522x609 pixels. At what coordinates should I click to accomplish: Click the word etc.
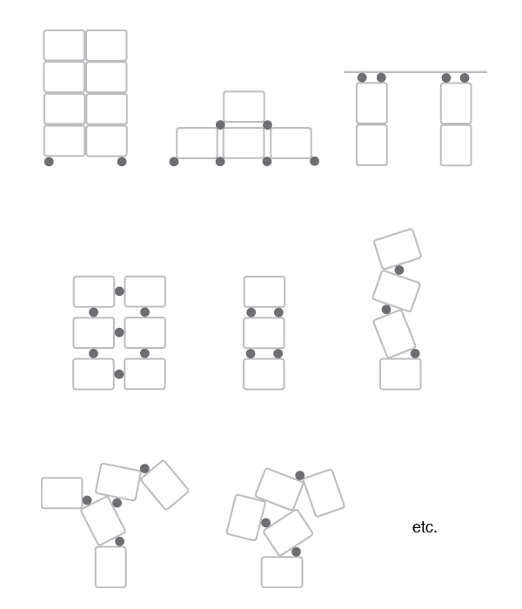(x=425, y=527)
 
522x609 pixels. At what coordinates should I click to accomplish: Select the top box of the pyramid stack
(x=244, y=107)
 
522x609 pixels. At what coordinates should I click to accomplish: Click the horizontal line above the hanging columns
(x=415, y=72)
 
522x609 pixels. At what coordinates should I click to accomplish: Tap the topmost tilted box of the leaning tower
(x=398, y=249)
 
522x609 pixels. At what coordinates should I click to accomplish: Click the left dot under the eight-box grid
(x=49, y=162)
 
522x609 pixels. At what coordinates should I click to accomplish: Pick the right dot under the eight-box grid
(x=122, y=162)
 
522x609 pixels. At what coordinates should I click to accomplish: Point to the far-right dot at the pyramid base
(x=315, y=161)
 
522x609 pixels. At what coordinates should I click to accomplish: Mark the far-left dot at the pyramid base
(x=174, y=162)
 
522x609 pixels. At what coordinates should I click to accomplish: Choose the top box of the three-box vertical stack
(x=264, y=291)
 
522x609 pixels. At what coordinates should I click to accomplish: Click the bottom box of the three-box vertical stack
(x=264, y=374)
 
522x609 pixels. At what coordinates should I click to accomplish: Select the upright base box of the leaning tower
(x=400, y=374)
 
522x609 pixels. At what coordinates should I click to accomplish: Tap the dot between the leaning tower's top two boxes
(x=398, y=270)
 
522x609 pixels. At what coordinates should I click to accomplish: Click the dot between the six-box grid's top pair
(x=120, y=291)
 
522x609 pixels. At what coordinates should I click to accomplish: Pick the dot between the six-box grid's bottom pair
(x=119, y=374)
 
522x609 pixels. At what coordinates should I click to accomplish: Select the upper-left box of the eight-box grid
(x=64, y=45)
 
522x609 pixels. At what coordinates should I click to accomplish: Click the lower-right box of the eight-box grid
(x=107, y=141)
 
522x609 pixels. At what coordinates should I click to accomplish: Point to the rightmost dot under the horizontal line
(x=465, y=77)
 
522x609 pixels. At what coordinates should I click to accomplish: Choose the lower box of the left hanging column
(x=371, y=145)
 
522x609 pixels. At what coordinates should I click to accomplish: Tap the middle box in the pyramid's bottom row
(x=244, y=143)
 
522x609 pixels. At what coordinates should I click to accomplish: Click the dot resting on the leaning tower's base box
(x=415, y=353)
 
